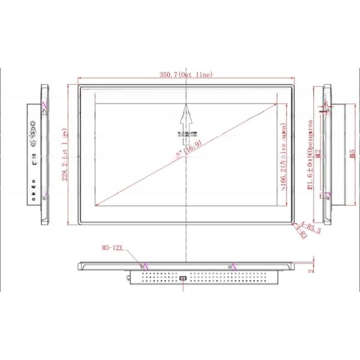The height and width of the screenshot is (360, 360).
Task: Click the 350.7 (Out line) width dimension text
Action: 186,74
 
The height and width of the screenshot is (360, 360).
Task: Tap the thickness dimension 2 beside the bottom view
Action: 312,269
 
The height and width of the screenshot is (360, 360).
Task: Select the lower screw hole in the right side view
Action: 328,196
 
